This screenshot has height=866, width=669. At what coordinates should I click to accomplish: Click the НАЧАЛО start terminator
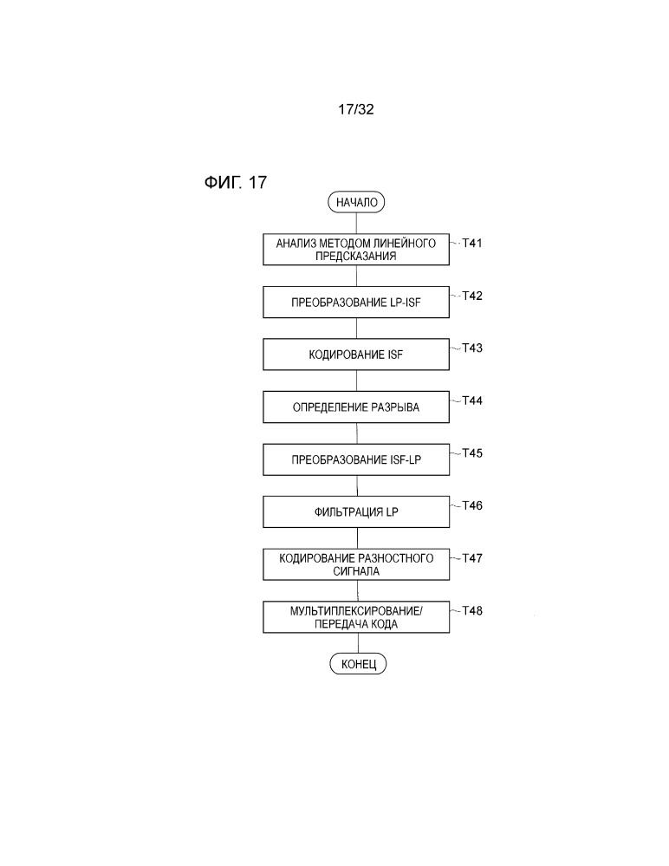[356, 202]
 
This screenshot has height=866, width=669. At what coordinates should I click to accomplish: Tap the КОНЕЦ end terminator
[358, 663]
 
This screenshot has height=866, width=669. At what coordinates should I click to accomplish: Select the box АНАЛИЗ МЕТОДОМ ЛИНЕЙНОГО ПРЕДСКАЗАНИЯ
[356, 250]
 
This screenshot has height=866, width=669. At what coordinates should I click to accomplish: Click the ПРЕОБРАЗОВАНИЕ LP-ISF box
[356, 303]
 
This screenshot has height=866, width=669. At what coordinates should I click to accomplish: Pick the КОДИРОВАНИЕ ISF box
[356, 355]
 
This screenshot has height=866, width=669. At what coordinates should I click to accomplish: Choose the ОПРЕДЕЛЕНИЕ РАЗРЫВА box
[356, 407]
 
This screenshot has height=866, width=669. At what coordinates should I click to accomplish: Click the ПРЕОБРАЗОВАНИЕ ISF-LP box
[356, 459]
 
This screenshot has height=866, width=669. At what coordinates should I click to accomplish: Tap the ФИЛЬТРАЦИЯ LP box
[356, 512]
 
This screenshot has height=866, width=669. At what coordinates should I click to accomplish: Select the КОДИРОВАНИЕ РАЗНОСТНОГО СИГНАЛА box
[356, 564]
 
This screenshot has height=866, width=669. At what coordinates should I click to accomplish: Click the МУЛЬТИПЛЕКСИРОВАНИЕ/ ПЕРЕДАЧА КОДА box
[356, 617]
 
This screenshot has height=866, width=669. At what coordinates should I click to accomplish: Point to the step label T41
[472, 243]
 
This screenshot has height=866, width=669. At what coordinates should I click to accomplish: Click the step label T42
[472, 296]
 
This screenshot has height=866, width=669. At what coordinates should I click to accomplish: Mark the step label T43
[472, 348]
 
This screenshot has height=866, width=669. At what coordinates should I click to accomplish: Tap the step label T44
[472, 400]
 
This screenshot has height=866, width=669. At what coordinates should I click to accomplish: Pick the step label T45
[472, 453]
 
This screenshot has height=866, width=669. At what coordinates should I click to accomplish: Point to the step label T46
[472, 505]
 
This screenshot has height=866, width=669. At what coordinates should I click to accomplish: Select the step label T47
[472, 557]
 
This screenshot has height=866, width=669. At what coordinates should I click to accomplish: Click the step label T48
[472, 610]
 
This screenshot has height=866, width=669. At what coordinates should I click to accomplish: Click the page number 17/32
[356, 109]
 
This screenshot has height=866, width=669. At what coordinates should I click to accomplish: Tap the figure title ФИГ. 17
[236, 182]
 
